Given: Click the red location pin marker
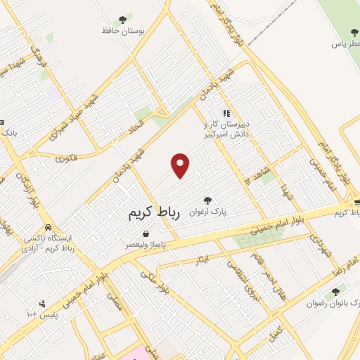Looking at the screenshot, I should (181, 165).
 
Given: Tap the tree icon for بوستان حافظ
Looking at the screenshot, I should (123, 20).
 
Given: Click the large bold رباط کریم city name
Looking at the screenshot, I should (154, 214).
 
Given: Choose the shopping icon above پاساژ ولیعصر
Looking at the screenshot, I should (145, 234).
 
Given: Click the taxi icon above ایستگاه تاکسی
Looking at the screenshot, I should (47, 228).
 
